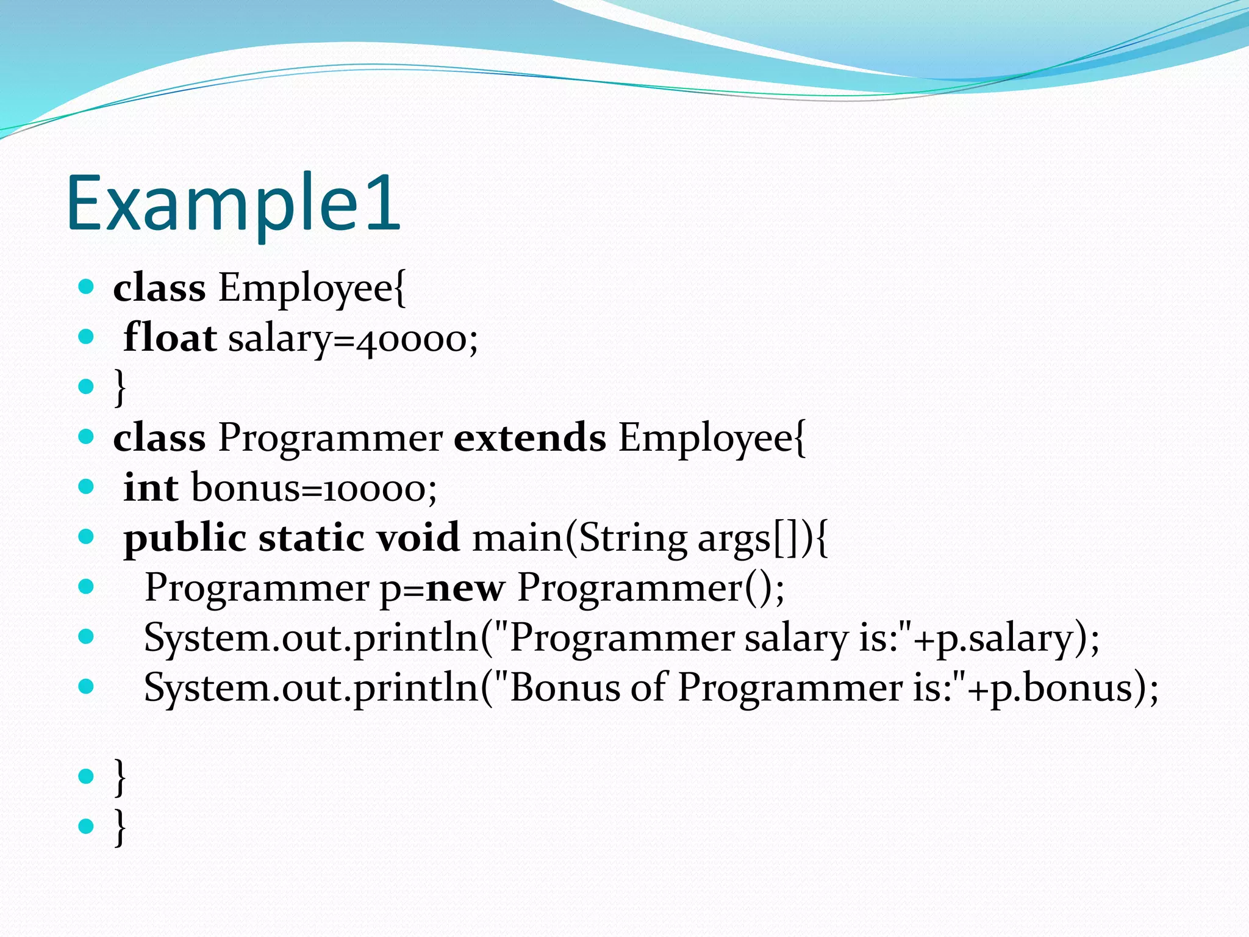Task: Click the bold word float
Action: pos(170,337)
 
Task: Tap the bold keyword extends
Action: pos(529,437)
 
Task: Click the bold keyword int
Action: pos(150,487)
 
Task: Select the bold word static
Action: pos(311,537)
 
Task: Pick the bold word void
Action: pos(418,537)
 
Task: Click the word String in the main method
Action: pos(632,539)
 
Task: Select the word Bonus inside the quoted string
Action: pos(565,687)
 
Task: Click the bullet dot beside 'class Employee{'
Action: pos(86,287)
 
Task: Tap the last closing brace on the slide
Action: pos(120,827)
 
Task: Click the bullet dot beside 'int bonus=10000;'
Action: pos(86,487)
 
